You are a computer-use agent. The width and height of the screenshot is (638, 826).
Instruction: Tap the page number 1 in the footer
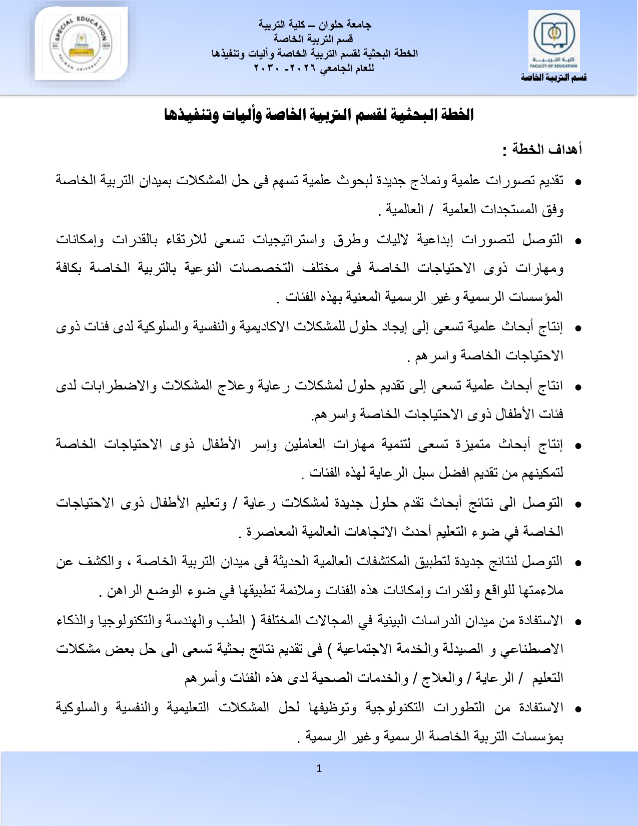(319, 768)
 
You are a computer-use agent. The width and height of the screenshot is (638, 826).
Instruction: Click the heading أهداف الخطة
(542, 149)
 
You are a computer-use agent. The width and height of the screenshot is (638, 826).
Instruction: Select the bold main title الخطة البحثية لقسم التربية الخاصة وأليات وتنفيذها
(319, 115)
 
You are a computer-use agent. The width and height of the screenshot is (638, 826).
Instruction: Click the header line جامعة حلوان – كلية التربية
(315, 24)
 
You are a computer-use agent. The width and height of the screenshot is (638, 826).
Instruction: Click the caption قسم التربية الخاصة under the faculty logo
(553, 78)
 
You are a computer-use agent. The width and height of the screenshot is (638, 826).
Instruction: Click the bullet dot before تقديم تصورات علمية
(578, 182)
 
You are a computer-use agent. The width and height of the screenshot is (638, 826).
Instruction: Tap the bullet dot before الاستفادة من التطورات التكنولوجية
(578, 709)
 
